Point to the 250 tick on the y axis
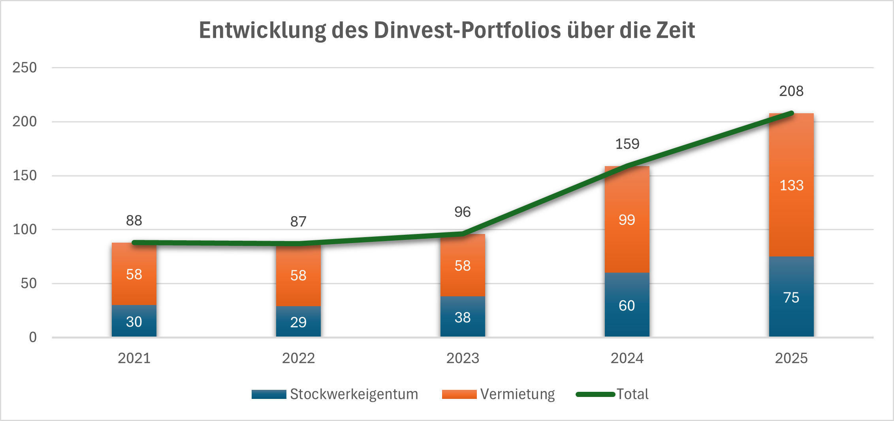click(x=24, y=67)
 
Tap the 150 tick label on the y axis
click(x=24, y=176)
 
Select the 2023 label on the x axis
click(x=463, y=358)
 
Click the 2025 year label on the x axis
click(x=791, y=358)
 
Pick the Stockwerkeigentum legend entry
click(x=335, y=394)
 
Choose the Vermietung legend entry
click(x=499, y=394)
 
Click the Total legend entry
click(x=613, y=394)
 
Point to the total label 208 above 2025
click(x=791, y=91)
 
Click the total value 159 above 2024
click(x=627, y=144)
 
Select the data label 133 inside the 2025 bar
click(x=791, y=185)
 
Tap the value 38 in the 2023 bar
click(x=463, y=318)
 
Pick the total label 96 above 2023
click(x=463, y=212)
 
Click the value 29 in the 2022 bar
click(x=298, y=322)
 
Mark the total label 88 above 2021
click(x=134, y=221)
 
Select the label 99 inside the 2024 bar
click(x=627, y=220)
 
